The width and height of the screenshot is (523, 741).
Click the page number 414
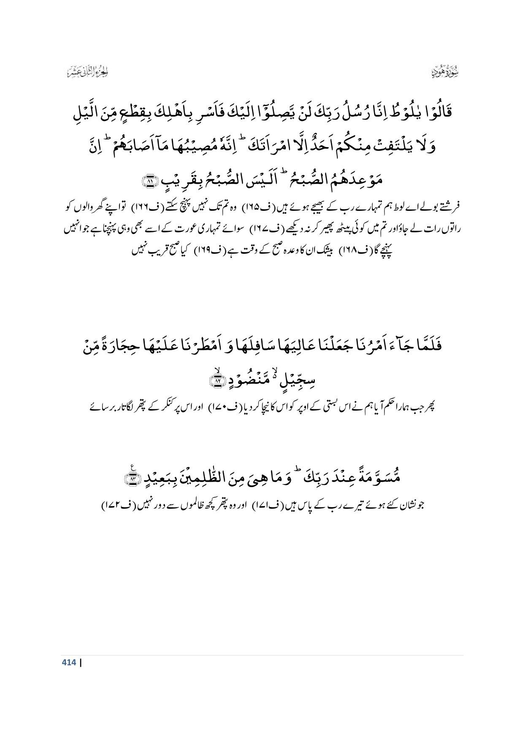[x=69, y=662]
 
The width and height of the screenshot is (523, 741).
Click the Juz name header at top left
[x=88, y=72]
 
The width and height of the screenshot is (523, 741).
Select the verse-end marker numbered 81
[x=150, y=182]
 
